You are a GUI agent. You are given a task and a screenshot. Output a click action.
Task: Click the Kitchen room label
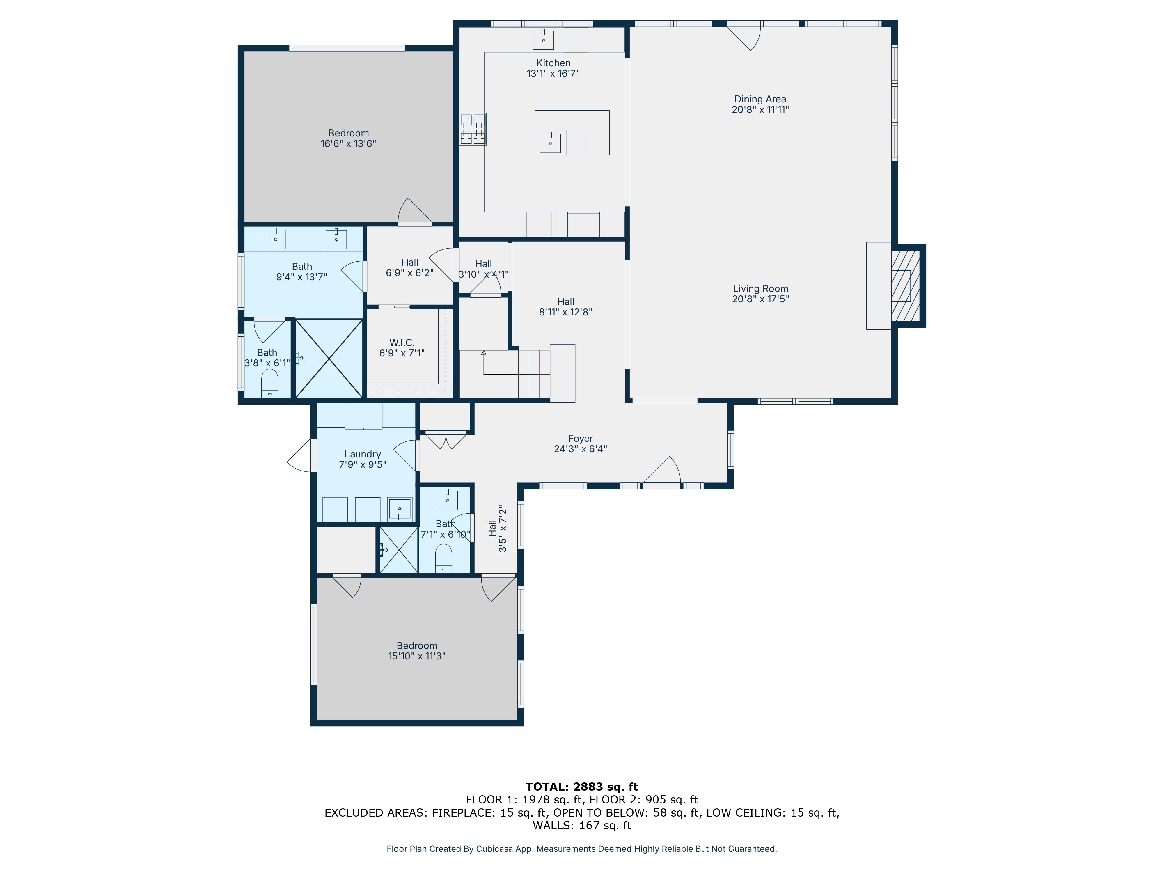tap(553, 63)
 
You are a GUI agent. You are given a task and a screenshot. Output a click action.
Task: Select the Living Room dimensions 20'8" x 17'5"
tap(760, 299)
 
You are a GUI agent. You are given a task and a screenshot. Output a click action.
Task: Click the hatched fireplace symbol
tap(905, 285)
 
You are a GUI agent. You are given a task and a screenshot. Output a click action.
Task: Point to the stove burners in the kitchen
tap(473, 129)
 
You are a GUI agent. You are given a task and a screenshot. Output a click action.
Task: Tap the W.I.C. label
tap(402, 343)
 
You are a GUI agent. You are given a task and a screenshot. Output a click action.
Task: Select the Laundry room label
tap(363, 454)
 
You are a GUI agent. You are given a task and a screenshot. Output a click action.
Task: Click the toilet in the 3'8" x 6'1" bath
tap(269, 383)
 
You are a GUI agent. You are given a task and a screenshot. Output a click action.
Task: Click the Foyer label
tap(581, 438)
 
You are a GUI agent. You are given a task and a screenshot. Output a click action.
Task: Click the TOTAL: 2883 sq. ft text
tap(581, 787)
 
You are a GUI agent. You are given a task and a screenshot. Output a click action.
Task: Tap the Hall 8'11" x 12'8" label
tap(566, 307)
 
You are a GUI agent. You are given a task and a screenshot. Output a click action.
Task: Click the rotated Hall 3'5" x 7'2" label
tap(497, 528)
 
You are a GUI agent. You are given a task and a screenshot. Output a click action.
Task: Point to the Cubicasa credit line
tap(581, 849)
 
